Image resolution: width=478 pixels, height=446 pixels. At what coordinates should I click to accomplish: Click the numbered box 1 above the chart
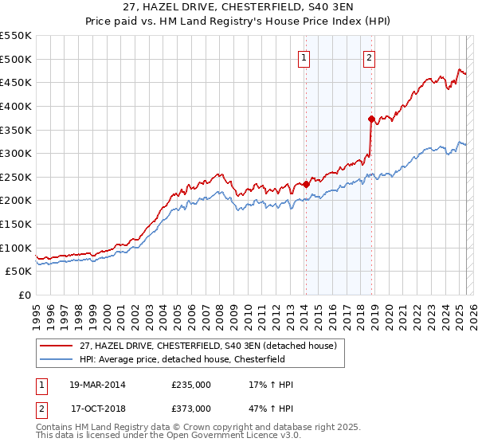305,57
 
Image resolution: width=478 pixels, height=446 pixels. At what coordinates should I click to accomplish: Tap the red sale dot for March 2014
306,184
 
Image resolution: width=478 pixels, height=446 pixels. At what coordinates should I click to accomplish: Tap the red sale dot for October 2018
371,119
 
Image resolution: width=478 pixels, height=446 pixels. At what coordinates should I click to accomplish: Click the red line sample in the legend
56,346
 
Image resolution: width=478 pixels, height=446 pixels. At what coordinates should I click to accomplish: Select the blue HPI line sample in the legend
56,359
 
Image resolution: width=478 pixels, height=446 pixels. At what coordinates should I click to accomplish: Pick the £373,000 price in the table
191,409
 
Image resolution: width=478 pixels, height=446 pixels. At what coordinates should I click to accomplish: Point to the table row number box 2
41,409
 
